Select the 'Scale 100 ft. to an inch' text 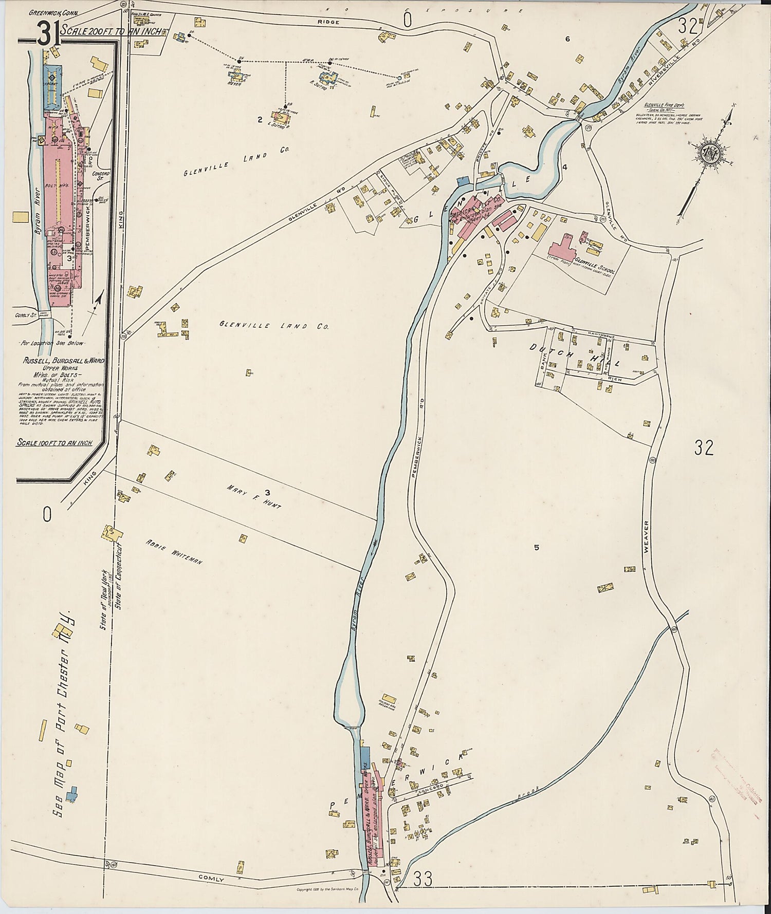tap(58, 442)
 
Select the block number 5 tap(536, 548)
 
